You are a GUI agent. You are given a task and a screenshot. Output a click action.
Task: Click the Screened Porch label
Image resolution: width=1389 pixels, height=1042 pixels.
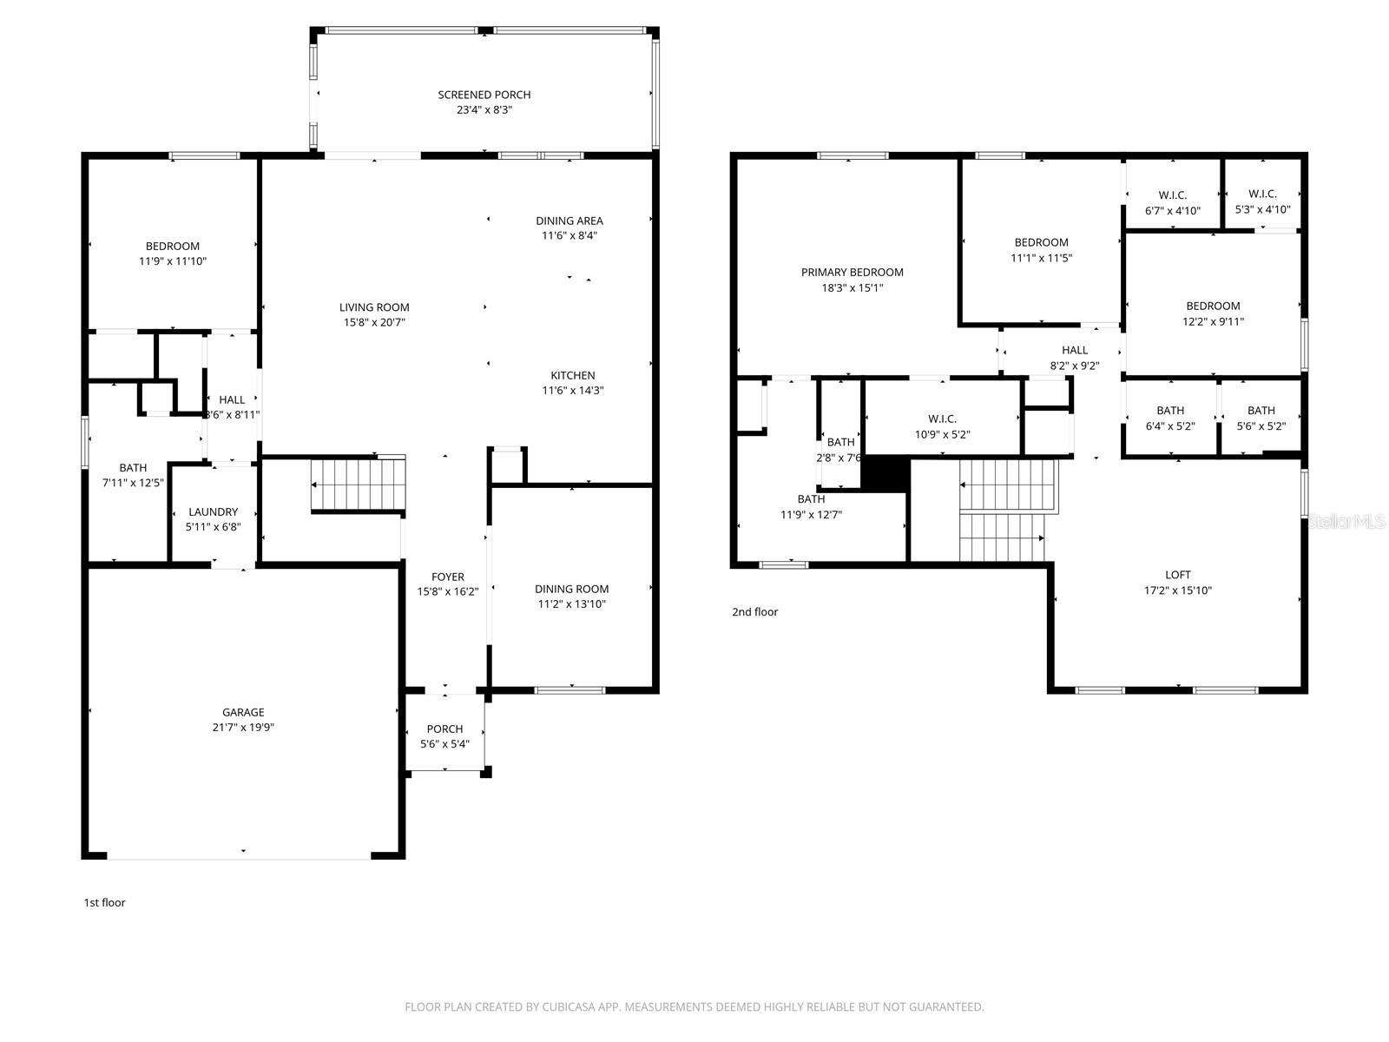click(x=484, y=95)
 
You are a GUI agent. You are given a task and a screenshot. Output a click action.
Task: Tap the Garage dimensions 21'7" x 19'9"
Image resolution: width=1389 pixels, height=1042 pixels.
click(x=243, y=728)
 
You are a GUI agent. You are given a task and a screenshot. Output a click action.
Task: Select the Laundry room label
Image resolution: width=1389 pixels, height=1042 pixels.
click(x=213, y=512)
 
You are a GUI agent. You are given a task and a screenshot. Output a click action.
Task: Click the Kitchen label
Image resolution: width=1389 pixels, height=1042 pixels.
click(x=572, y=375)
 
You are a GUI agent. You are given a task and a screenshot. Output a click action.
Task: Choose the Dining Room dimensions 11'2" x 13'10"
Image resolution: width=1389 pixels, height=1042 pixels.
click(x=571, y=604)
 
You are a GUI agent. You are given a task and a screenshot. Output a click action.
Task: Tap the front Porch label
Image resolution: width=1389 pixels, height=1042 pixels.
click(x=444, y=729)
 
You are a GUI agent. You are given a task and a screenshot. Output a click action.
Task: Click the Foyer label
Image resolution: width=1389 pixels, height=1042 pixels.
click(x=447, y=577)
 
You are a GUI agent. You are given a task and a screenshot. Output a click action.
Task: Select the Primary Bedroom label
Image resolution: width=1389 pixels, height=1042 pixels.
click(x=852, y=273)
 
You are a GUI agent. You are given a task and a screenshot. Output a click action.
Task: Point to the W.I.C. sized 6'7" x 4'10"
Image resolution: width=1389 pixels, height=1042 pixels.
click(x=1172, y=195)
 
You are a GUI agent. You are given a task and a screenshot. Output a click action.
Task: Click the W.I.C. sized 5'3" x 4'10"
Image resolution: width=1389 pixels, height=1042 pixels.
click(x=1261, y=194)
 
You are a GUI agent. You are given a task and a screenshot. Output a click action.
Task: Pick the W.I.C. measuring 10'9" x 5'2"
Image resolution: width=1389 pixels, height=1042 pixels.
click(x=942, y=419)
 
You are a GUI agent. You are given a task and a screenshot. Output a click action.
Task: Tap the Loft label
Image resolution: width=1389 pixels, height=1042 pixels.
click(x=1177, y=575)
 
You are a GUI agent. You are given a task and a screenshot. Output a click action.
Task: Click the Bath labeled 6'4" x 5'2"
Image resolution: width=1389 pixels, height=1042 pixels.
click(x=1169, y=411)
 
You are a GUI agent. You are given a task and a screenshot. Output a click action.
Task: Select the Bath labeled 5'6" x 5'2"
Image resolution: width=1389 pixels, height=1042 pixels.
click(x=1261, y=411)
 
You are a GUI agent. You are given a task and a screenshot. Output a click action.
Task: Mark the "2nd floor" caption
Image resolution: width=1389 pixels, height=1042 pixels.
click(x=754, y=612)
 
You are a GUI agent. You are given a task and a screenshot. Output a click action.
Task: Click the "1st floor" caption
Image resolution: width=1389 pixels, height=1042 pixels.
click(x=104, y=903)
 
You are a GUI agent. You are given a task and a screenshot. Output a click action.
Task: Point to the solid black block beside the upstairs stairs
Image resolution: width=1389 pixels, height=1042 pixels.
click(x=885, y=473)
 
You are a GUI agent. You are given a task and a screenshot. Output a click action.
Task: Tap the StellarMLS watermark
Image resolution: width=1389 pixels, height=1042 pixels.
click(x=1347, y=521)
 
